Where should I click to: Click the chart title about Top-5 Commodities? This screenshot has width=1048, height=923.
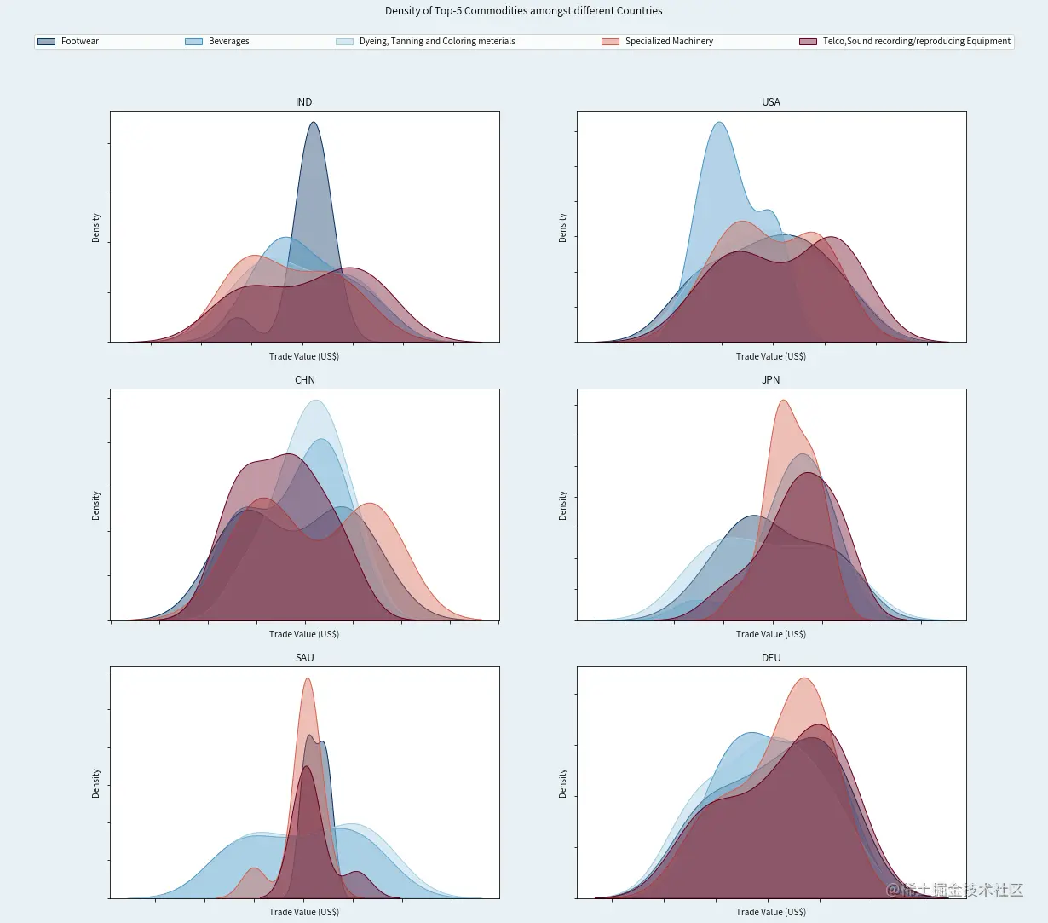pyautogui.click(x=523, y=11)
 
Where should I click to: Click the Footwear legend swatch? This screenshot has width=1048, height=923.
pyautogui.click(x=47, y=42)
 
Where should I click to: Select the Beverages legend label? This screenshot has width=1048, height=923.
pyautogui.click(x=228, y=42)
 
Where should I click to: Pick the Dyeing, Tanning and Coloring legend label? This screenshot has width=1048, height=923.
pyautogui.click(x=437, y=42)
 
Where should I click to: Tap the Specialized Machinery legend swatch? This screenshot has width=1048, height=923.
pyautogui.click(x=610, y=42)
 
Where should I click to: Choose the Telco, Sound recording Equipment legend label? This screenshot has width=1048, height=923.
pyautogui.click(x=916, y=42)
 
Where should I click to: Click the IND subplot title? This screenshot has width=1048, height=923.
pyautogui.click(x=304, y=102)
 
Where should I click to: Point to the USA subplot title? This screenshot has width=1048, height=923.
pyautogui.click(x=771, y=102)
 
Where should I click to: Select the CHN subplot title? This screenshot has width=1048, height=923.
pyautogui.click(x=304, y=380)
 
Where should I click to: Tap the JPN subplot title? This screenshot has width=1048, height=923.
pyautogui.click(x=771, y=380)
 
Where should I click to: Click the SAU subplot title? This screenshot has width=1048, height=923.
pyautogui.click(x=304, y=658)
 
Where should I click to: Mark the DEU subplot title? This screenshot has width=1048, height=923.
pyautogui.click(x=771, y=658)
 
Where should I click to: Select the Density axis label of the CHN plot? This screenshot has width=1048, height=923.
pyautogui.click(x=96, y=505)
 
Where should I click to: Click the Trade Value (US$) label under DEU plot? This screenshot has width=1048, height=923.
pyautogui.click(x=771, y=912)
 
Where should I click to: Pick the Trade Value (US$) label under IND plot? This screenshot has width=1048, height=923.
pyautogui.click(x=304, y=356)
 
